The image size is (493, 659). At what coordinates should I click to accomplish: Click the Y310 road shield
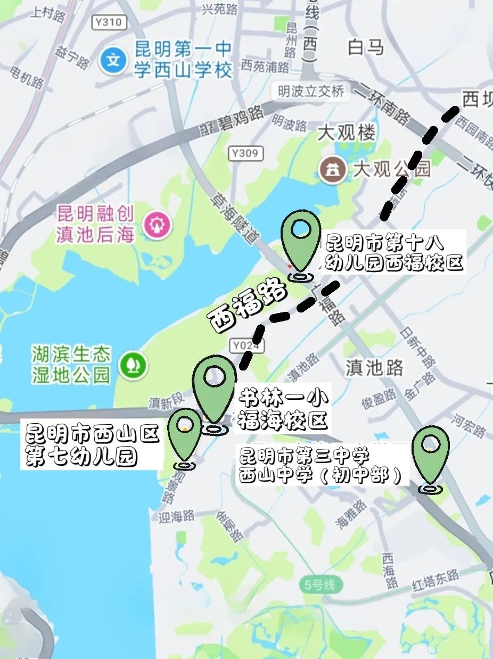(x=110, y=22)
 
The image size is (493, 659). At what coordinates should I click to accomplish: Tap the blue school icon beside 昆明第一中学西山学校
(x=113, y=59)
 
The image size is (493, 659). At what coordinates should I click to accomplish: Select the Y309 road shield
(x=246, y=154)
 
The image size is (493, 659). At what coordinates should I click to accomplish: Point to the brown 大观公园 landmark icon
(x=333, y=170)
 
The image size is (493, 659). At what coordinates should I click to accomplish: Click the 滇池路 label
(x=374, y=368)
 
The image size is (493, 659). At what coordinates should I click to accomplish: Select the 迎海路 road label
(x=177, y=516)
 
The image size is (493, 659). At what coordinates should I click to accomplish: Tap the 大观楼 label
(x=346, y=133)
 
